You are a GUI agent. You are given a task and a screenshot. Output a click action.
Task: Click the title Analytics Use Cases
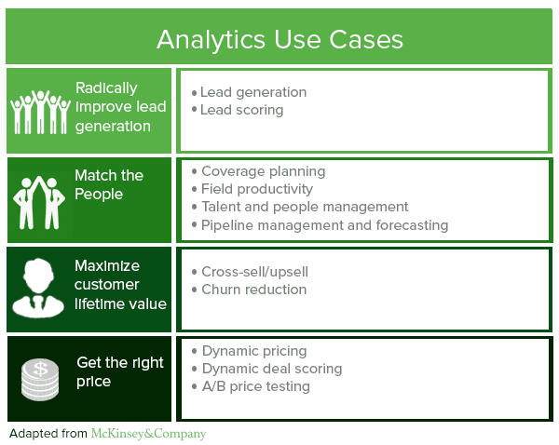point(279,38)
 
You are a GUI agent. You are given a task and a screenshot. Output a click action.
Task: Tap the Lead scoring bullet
point(241,110)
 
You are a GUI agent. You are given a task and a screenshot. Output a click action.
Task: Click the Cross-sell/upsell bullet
point(254,272)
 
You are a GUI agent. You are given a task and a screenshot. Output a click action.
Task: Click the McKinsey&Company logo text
point(148,434)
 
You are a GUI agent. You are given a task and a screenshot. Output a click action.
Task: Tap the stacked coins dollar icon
point(40,379)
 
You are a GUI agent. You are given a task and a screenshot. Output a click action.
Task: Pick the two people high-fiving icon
point(40,199)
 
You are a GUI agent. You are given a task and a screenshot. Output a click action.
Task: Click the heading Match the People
point(109,184)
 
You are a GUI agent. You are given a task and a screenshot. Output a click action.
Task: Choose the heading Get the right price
point(120,371)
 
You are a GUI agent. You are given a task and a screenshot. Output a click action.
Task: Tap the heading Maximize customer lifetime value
point(120,285)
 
